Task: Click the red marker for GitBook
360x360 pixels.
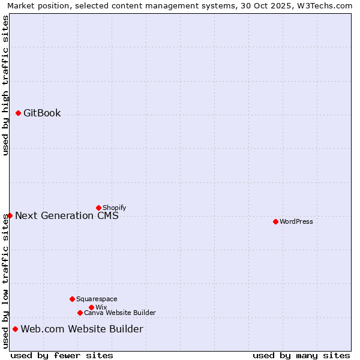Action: [18, 113]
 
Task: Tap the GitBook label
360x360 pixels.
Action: [42, 113]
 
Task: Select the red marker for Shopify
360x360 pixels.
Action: [98, 208]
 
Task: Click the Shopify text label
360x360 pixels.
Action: [115, 208]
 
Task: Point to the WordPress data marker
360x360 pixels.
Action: [275, 221]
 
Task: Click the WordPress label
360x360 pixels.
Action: [296, 221]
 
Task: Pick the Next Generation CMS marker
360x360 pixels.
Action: [10, 215]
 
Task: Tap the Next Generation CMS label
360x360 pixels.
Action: [67, 215]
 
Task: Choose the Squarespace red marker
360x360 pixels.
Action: [72, 299]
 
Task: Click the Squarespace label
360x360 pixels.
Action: [97, 299]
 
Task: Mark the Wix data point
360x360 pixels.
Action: [91, 307]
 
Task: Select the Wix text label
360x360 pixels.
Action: [101, 307]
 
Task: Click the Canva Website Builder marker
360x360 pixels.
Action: [80, 313]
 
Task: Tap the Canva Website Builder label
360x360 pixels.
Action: [120, 313]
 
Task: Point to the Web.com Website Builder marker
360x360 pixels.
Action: [15, 329]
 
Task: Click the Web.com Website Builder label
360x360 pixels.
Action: [82, 329]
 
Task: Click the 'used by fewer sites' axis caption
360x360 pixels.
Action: [62, 355]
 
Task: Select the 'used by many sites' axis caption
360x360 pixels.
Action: [301, 355]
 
